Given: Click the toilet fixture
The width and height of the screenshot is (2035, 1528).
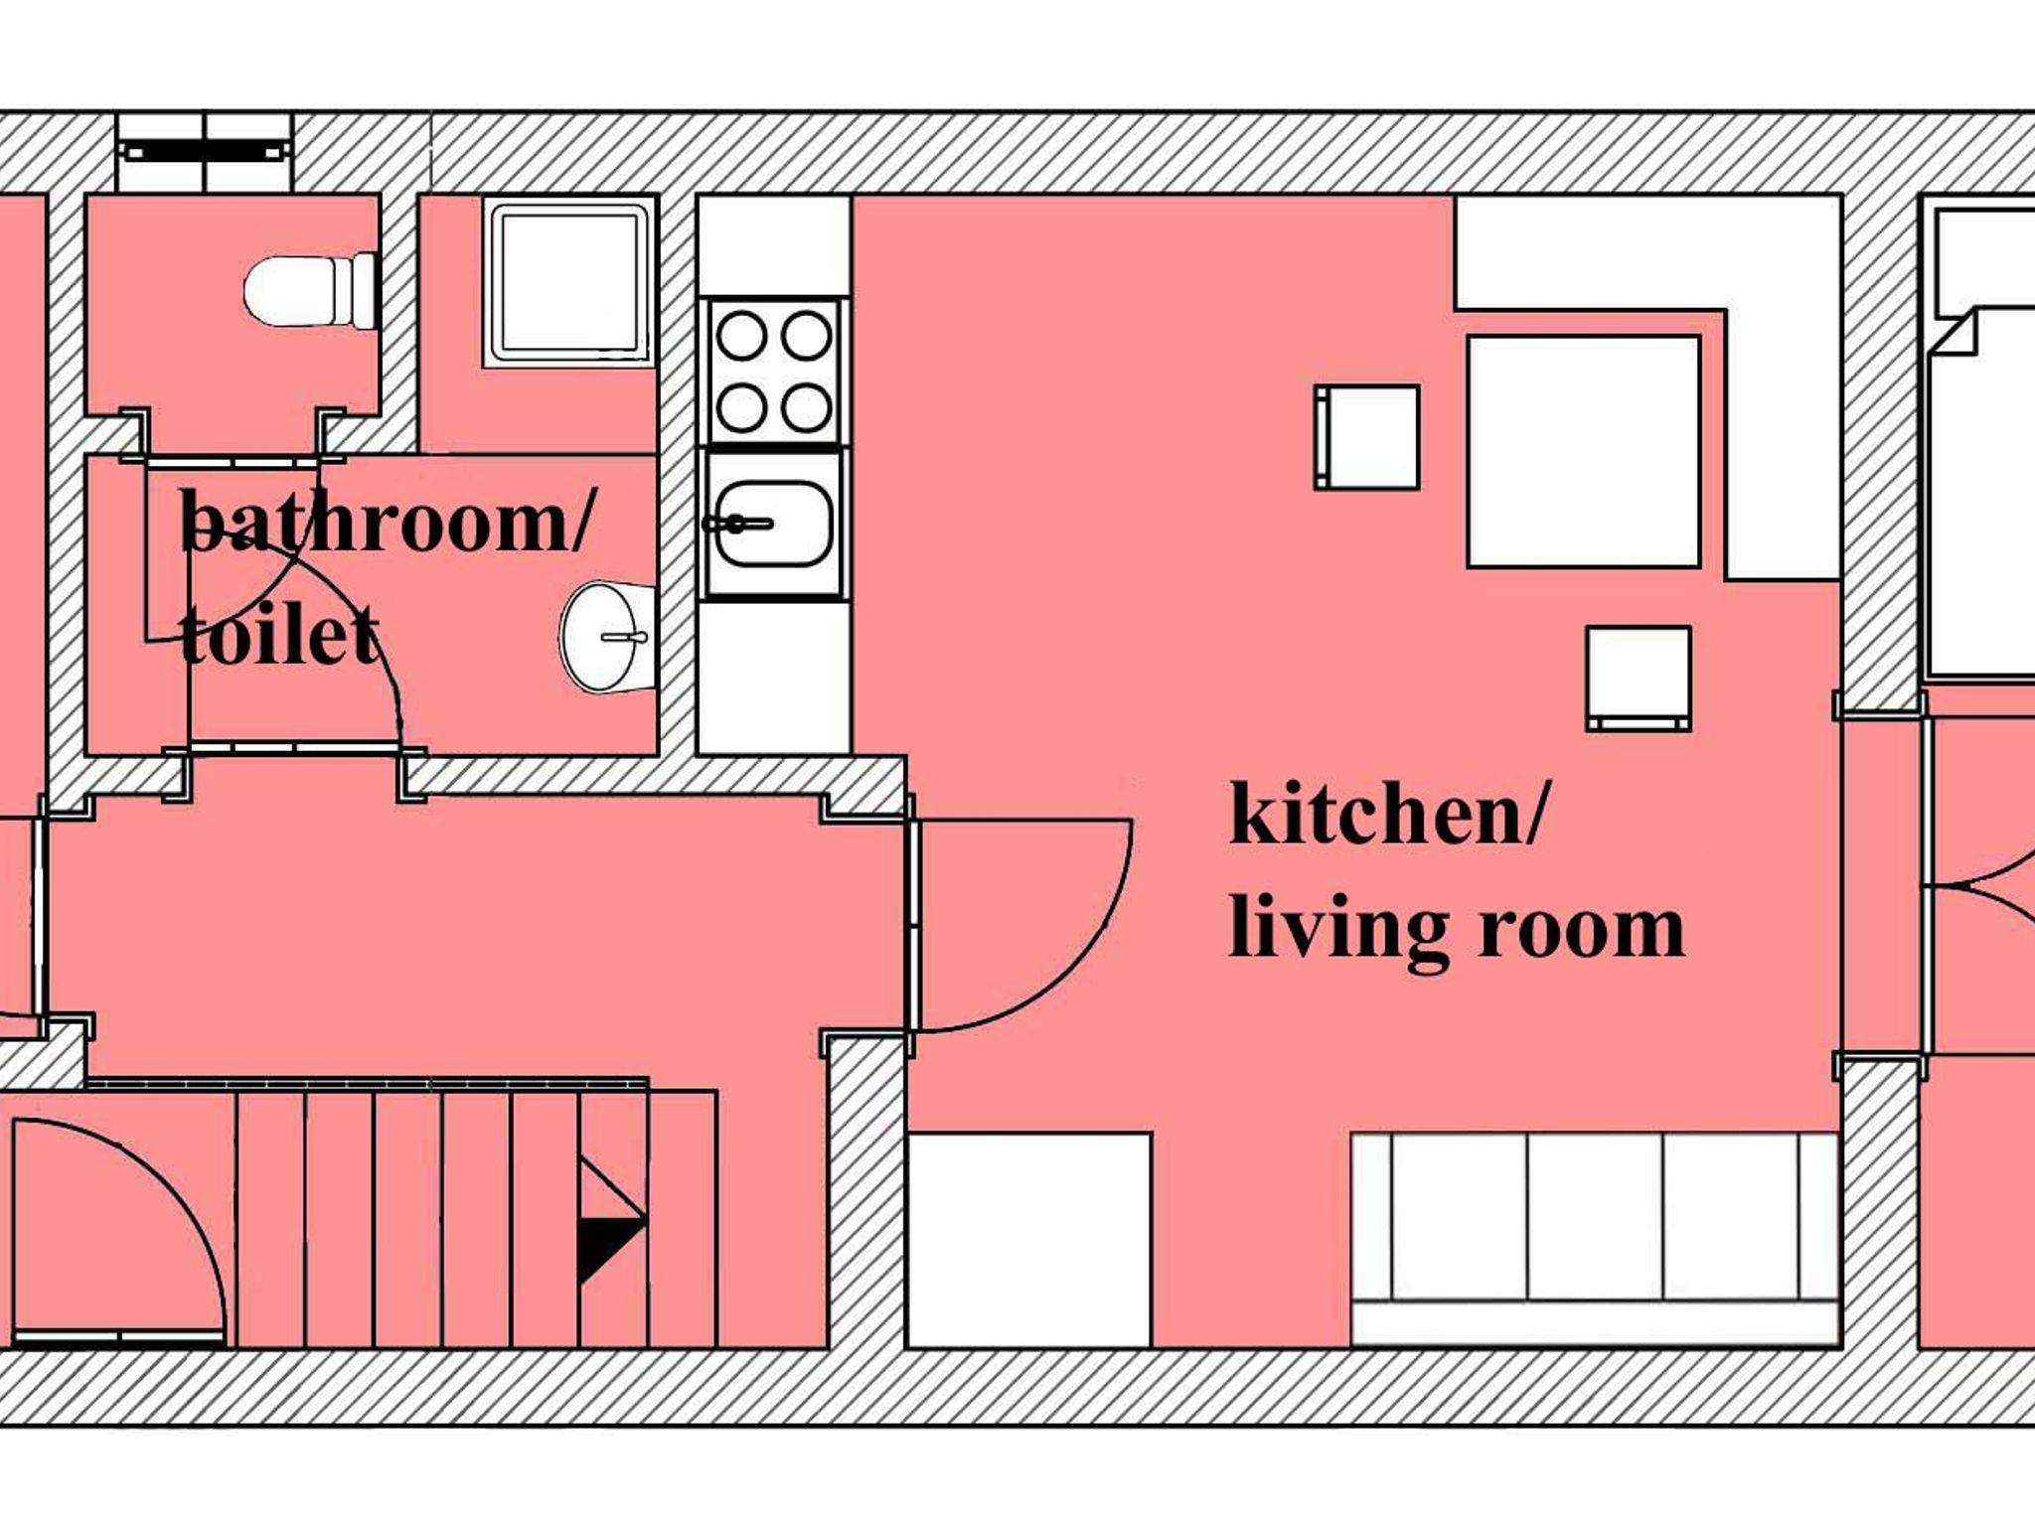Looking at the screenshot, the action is [311, 290].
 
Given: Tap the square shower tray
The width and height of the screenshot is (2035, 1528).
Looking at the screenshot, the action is [569, 283].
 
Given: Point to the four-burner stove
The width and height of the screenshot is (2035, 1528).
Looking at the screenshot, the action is [774, 371].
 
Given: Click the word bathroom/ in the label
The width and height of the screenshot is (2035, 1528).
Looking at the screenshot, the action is [387, 522].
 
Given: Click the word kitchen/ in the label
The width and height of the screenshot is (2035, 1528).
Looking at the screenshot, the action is [1388, 814].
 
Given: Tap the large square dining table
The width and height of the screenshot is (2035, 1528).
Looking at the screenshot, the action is [1584, 452].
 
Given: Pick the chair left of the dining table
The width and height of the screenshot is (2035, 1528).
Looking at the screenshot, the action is [1366, 437].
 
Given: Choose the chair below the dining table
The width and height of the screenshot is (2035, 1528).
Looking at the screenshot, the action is [1639, 679].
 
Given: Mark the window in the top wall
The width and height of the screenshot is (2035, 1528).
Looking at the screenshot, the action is [205, 151].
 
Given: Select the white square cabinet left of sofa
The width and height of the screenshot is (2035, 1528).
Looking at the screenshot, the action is [1029, 1240].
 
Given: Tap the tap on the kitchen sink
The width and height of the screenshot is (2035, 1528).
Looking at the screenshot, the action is [737, 523].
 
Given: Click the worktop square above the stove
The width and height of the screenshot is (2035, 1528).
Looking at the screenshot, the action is [774, 245].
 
